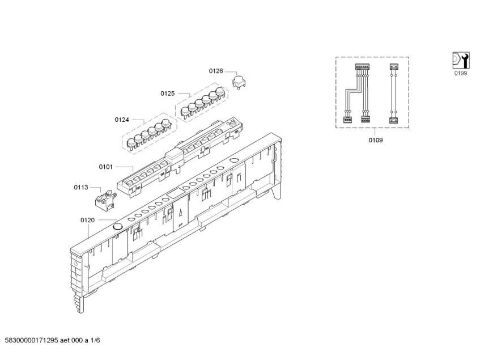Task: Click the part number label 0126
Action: coord(216,71)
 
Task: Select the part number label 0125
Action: coord(167,93)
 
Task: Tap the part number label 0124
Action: coord(122,120)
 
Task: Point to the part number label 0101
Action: coord(106,167)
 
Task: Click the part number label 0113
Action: coord(81,187)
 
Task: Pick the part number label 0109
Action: coord(375,140)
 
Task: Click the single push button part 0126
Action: coord(239,82)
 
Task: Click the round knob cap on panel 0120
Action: coord(117,226)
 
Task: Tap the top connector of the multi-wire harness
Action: coord(361,66)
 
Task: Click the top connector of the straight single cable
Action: coord(393,66)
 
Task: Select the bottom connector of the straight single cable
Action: coord(393,120)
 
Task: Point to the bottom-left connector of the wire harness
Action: coord(346,120)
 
